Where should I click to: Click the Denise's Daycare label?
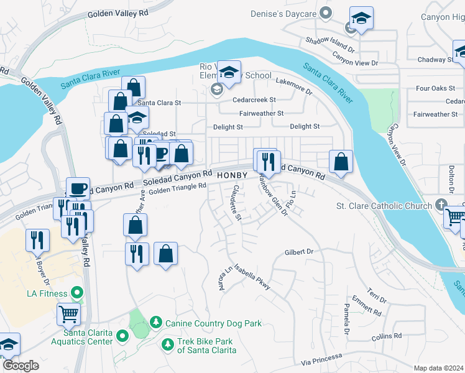pyautogui.click(x=283, y=14)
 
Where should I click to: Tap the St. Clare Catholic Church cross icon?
pyautogui.click(x=441, y=205)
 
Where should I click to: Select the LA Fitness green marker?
pyautogui.click(x=77, y=292)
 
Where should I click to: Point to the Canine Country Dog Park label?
pyautogui.click(x=213, y=323)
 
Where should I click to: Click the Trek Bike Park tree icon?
pyautogui.click(x=167, y=344)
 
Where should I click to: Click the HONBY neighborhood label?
pyautogui.click(x=233, y=176)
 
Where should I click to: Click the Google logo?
pyautogui.click(x=21, y=366)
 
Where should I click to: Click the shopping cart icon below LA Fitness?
pyautogui.click(x=68, y=314)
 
